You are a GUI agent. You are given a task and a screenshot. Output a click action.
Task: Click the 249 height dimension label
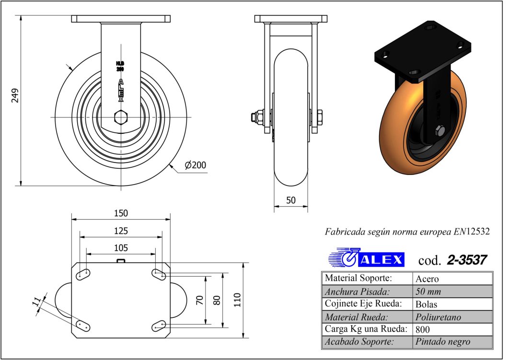[x=15, y=95]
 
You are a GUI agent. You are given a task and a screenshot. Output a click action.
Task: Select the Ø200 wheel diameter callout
[x=196, y=165]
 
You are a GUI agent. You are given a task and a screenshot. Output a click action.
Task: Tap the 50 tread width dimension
[x=291, y=200]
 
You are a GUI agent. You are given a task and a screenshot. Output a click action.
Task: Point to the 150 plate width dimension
[x=121, y=213]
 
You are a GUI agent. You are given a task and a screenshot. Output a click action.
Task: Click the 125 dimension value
[x=121, y=231]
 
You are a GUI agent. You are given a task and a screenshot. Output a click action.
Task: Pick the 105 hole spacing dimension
[x=121, y=248]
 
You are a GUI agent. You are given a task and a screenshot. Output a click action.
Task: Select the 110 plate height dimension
[x=238, y=300]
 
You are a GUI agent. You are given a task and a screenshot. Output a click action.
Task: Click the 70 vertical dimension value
[x=199, y=300]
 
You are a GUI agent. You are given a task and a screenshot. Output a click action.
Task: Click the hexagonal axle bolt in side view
[x=121, y=117]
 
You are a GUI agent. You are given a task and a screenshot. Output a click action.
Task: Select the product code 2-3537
[x=467, y=260]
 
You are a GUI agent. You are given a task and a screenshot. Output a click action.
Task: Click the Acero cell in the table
[x=427, y=279]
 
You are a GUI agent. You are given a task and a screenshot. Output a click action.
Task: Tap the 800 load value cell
[x=423, y=329]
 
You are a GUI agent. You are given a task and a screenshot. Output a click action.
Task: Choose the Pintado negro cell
[x=442, y=341]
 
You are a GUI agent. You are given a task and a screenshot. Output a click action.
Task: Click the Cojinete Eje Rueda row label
[x=363, y=303]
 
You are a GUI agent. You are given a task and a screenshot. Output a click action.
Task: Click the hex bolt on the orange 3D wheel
[x=439, y=130]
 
